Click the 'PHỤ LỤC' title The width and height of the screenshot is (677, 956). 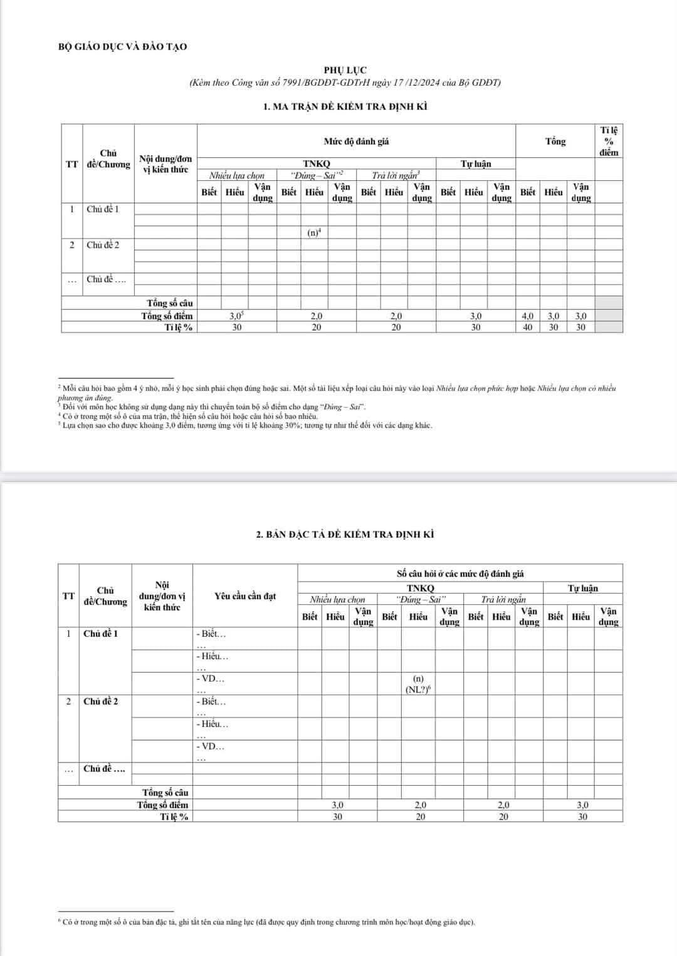coord(345,70)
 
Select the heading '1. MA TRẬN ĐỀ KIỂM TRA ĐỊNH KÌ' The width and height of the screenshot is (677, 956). coord(345,106)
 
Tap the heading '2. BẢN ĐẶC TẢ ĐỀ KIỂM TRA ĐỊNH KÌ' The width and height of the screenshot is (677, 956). coord(345,534)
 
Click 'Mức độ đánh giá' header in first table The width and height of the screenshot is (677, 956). coord(356,141)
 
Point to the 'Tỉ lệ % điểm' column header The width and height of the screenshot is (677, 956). coord(608,141)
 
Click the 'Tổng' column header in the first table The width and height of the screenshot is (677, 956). coord(555,141)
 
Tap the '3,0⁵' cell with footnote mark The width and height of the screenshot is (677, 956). coord(237,316)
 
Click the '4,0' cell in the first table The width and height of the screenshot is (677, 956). coord(528,316)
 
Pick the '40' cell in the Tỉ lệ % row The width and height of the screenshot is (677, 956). coord(528,327)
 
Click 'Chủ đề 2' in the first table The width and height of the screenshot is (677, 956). coord(103,245)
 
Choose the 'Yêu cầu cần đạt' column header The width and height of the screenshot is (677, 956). coord(244,596)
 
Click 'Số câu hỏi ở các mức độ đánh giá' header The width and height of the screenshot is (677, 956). coord(460,573)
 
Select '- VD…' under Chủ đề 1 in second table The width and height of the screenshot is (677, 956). coord(210,679)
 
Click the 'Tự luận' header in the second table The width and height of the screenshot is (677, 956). coord(582,589)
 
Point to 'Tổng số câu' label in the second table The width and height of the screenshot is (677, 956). coord(165,793)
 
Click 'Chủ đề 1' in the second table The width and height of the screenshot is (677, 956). coord(100,634)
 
